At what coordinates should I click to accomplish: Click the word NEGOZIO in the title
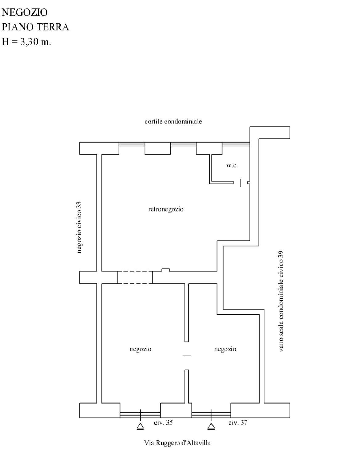[25, 12]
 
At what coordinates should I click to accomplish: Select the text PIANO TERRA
[35, 27]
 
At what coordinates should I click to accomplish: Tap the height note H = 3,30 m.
[27, 42]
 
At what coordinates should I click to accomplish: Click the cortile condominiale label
[173, 121]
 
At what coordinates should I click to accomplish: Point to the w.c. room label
[232, 165]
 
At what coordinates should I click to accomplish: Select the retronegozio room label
[166, 209]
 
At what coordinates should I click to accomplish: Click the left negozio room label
[140, 349]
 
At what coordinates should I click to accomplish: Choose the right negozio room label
[225, 349]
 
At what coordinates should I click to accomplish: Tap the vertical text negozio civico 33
[79, 227]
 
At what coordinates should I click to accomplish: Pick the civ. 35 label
[163, 423]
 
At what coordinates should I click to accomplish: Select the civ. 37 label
[238, 423]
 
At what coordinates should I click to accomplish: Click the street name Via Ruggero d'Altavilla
[177, 443]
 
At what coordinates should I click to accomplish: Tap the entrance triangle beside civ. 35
[141, 427]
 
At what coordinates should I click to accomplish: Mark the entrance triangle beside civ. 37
[211, 427]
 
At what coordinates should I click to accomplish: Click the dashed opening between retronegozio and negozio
[135, 277]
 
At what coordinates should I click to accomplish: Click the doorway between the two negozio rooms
[187, 356]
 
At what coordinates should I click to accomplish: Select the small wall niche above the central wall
[166, 270]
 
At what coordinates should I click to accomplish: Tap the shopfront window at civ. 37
[211, 414]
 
